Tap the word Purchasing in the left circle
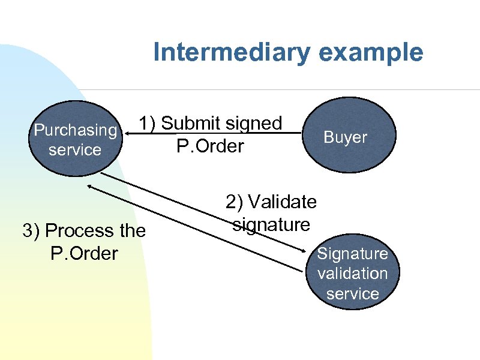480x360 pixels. tap(75, 130)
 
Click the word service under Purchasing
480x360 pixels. tap(75, 149)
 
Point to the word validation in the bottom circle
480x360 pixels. tap(352, 274)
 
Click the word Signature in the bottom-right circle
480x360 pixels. tap(352, 254)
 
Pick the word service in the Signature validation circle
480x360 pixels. tap(352, 294)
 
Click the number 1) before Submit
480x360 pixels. tap(148, 123)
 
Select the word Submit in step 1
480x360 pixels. tap(190, 123)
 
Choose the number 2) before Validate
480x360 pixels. tap(235, 202)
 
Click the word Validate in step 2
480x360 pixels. tap(282, 202)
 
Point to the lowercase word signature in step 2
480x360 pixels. tap(271, 225)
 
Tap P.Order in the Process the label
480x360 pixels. tap(84, 253)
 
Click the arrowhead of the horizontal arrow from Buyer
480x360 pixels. tap(127, 133)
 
